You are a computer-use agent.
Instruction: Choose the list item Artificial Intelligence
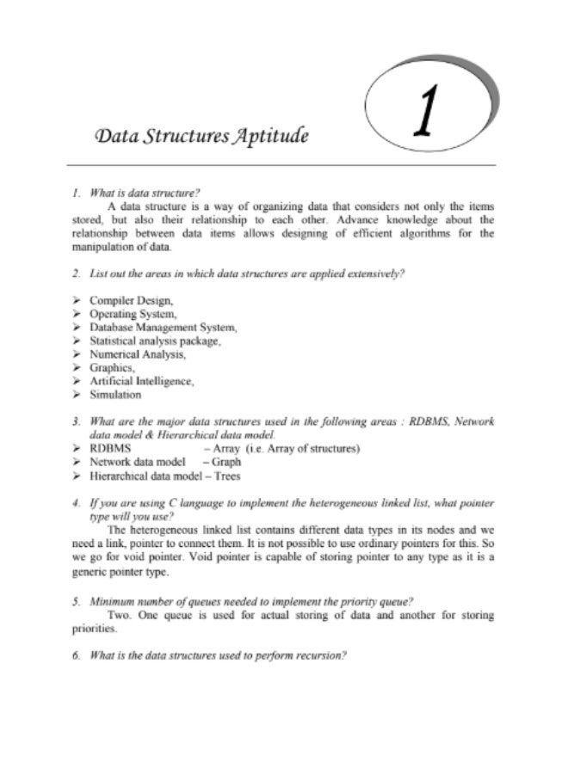[141, 381]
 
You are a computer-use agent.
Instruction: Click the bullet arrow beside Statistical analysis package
[77, 341]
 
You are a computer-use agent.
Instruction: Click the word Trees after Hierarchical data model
[227, 476]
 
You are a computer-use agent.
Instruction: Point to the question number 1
[76, 193]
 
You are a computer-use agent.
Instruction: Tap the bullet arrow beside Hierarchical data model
[77, 476]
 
